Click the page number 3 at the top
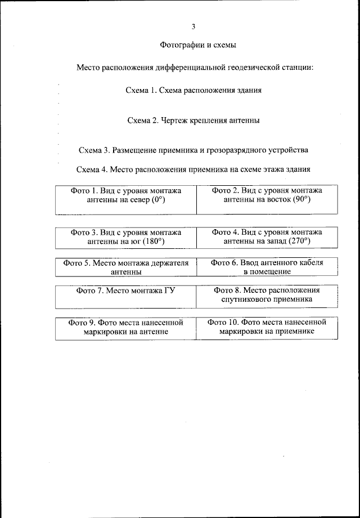[193, 26]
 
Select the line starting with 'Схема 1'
[193, 90]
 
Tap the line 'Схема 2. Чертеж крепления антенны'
[193, 120]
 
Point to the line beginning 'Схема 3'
[193, 150]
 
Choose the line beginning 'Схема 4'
[193, 169]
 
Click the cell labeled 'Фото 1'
[126, 199]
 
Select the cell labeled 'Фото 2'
[267, 199]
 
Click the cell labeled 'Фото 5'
[126, 267]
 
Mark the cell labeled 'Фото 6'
[267, 267]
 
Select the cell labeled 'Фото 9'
[126, 328]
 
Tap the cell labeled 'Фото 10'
[267, 328]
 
